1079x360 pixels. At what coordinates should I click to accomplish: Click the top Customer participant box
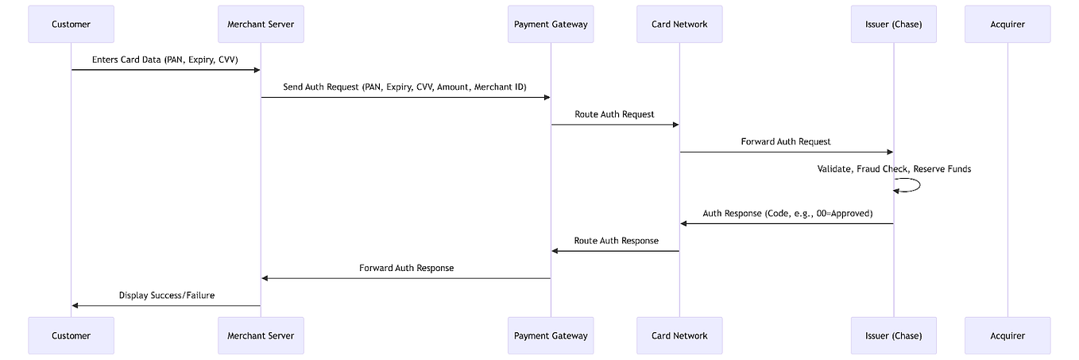click(71, 24)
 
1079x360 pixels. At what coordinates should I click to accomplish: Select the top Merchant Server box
click(261, 24)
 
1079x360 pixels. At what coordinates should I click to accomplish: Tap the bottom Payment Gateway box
click(551, 335)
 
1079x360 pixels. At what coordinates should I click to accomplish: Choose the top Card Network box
click(679, 24)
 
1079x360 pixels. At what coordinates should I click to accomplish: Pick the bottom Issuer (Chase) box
click(893, 335)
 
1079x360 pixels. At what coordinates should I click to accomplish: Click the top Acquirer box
click(1007, 24)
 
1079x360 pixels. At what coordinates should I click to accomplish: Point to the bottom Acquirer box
click(1007, 335)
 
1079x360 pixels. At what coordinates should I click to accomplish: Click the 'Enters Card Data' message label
click(165, 60)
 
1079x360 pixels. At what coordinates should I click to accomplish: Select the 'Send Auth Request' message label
click(404, 87)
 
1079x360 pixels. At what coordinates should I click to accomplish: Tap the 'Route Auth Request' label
click(614, 114)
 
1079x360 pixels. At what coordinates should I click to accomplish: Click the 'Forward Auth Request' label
click(786, 141)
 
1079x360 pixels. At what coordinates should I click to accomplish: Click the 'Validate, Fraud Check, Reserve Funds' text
click(894, 169)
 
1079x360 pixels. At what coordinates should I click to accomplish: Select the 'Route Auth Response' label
click(616, 241)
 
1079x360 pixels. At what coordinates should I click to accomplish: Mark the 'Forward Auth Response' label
click(406, 269)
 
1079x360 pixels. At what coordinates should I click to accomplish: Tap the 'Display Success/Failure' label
click(167, 296)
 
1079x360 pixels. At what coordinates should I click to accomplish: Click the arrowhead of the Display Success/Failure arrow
click(75, 305)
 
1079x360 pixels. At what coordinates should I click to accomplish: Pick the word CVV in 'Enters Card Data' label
click(228, 60)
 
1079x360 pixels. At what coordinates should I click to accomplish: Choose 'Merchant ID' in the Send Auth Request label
click(499, 87)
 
